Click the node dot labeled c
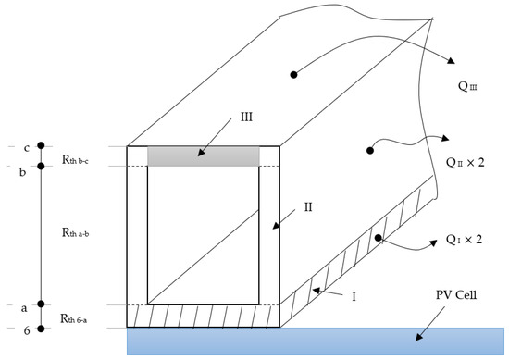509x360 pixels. (x=41, y=145)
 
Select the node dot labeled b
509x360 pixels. (x=41, y=166)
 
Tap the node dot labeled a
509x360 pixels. (x=41, y=304)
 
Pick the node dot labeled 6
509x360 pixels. (x=41, y=329)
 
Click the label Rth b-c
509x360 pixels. (x=75, y=159)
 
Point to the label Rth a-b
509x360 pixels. (x=75, y=232)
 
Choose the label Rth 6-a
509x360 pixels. (x=74, y=318)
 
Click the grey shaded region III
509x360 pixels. (x=204, y=156)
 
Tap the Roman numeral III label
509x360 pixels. (x=246, y=117)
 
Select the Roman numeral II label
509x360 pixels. (x=308, y=207)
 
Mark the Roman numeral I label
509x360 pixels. (x=354, y=296)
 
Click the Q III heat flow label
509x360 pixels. (x=467, y=86)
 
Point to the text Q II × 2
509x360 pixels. (x=466, y=162)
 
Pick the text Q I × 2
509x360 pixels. (x=464, y=240)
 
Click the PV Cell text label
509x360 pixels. (x=456, y=294)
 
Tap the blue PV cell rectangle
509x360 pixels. (x=316, y=341)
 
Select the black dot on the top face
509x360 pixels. (x=293, y=75)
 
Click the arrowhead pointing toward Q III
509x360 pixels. (x=451, y=60)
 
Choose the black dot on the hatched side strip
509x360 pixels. (x=378, y=238)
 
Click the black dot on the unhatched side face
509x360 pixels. (x=370, y=150)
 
